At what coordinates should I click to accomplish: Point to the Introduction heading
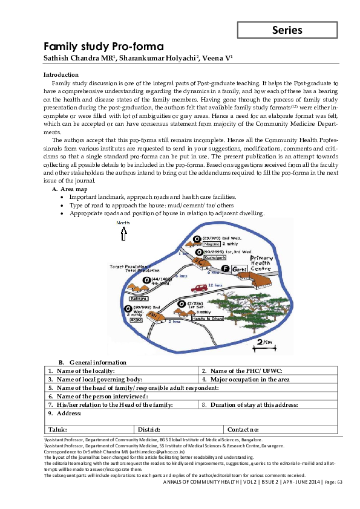click(x=61, y=74)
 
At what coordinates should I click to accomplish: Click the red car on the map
click(x=199, y=288)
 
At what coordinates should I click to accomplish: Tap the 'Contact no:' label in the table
click(x=244, y=429)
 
